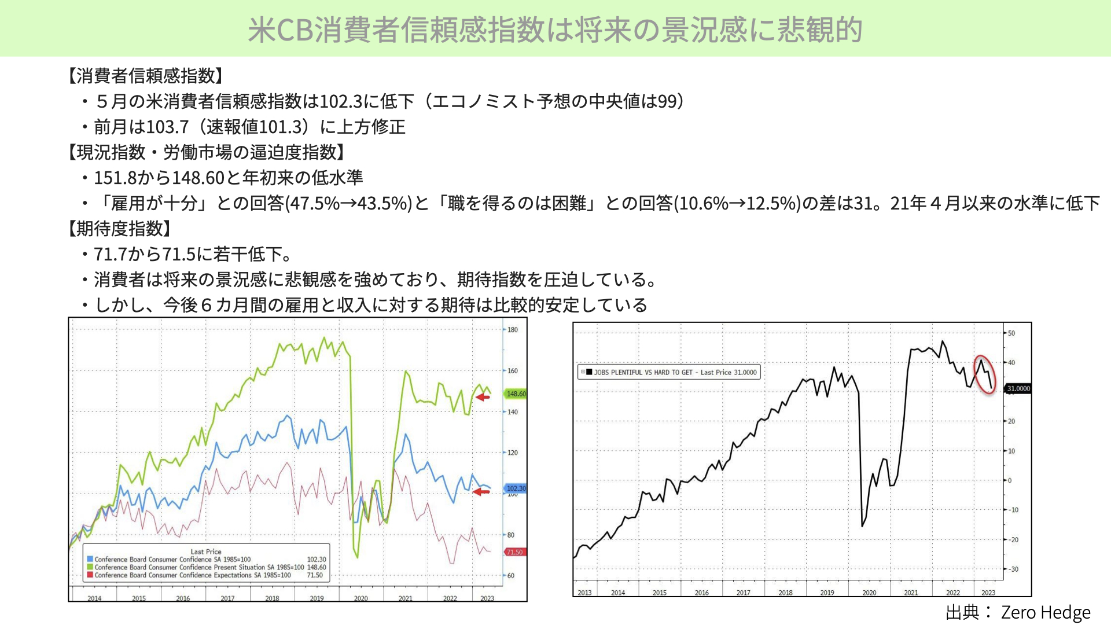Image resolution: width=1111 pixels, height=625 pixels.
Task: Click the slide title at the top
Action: [555, 30]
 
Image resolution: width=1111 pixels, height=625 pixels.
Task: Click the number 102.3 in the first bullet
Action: [341, 101]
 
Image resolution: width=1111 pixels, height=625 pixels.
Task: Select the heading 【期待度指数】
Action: [120, 229]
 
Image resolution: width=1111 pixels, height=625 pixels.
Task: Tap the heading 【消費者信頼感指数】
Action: [146, 76]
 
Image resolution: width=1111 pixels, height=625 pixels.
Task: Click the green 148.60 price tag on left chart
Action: [516, 394]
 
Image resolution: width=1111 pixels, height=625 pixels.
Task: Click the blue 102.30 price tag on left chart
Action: [516, 488]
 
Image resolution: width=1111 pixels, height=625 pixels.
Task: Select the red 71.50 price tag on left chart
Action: [514, 552]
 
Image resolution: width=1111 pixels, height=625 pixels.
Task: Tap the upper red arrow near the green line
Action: [483, 397]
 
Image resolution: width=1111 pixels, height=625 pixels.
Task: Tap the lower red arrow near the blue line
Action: [481, 492]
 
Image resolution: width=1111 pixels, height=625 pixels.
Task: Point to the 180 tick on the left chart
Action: [513, 330]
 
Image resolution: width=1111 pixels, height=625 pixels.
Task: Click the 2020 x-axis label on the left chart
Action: [360, 598]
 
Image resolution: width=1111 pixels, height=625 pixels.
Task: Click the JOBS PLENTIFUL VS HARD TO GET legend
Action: [669, 372]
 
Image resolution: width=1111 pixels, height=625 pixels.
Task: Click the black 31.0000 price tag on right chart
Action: [1018, 388]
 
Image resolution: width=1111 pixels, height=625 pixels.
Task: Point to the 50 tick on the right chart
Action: [1011, 333]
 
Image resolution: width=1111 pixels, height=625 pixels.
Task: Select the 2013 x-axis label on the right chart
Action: [584, 593]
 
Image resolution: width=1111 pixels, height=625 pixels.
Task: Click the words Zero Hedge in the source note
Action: [1046, 612]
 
